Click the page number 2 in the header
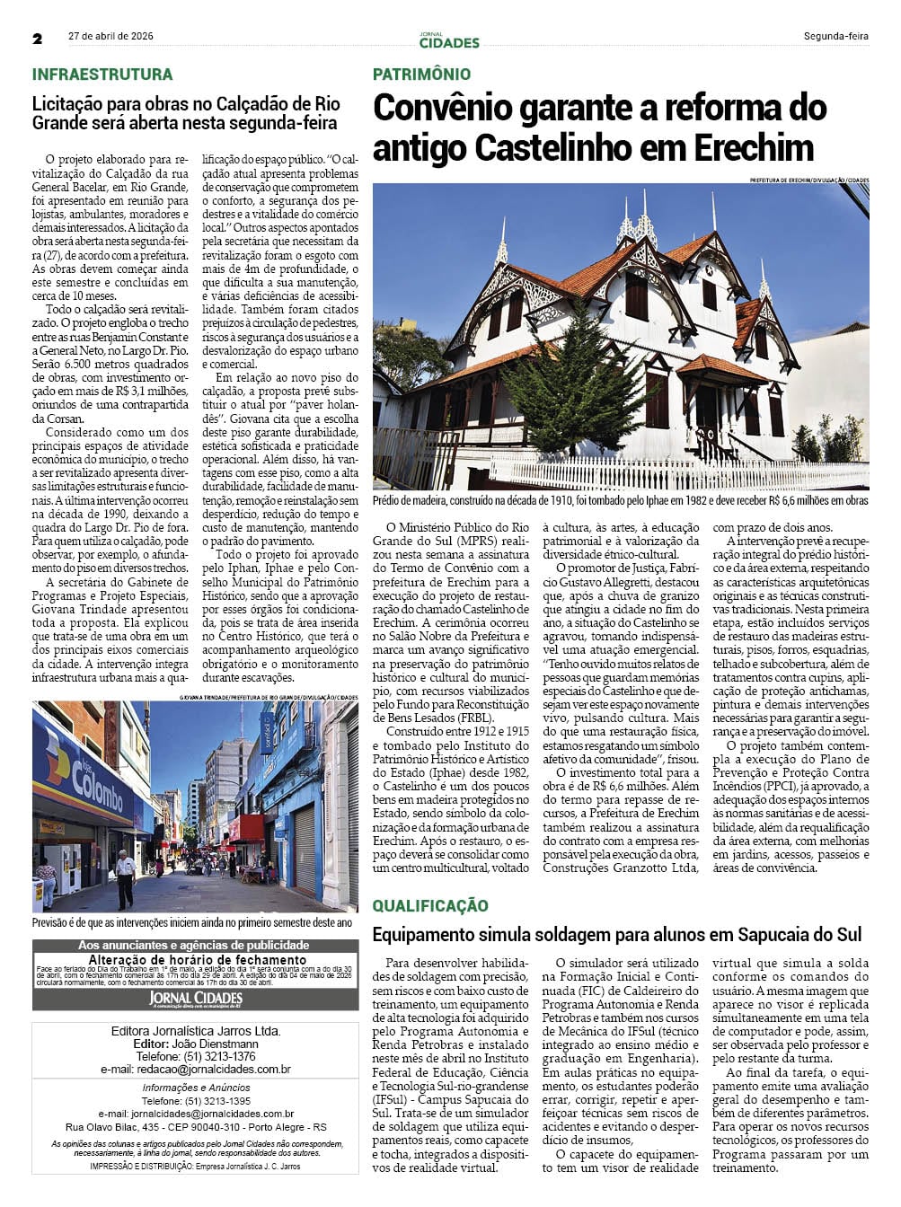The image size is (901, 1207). click(x=38, y=39)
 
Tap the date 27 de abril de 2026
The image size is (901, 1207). click(x=110, y=37)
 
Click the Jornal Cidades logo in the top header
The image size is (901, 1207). click(x=449, y=40)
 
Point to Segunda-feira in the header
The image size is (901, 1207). click(x=835, y=37)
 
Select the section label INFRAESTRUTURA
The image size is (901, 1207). click(x=102, y=75)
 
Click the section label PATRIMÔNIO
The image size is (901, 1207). click(x=421, y=75)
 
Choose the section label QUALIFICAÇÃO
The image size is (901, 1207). click(x=430, y=905)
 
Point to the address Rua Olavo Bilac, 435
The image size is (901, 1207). click(x=117, y=1127)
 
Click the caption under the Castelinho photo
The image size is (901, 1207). click(x=620, y=500)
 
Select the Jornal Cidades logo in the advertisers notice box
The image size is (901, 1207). click(x=195, y=999)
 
